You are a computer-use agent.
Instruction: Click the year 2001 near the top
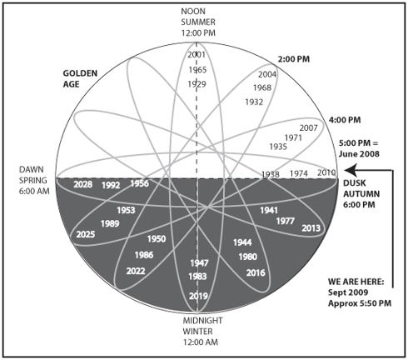point(197,54)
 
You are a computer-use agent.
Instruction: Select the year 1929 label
point(197,84)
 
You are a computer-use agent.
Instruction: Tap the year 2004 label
point(267,74)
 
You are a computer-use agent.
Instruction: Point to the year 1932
point(254,102)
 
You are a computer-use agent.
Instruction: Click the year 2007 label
point(308,127)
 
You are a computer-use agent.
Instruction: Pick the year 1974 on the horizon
point(299,173)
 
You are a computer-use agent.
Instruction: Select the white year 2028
point(83,184)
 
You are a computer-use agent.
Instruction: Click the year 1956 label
point(140,183)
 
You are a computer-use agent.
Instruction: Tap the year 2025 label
point(86,234)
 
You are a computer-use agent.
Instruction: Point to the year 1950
point(157,239)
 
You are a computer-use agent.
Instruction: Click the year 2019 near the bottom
point(198,296)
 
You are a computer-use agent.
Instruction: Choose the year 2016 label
point(256,272)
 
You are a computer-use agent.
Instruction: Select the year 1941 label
point(269,210)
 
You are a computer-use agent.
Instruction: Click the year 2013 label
point(311,228)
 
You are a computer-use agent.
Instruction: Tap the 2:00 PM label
point(294,59)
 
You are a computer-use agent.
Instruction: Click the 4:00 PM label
point(345,120)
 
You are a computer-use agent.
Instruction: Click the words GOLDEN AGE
point(80,78)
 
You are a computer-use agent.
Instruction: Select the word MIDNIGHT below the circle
point(202,321)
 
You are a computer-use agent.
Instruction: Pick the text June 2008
point(359,154)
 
